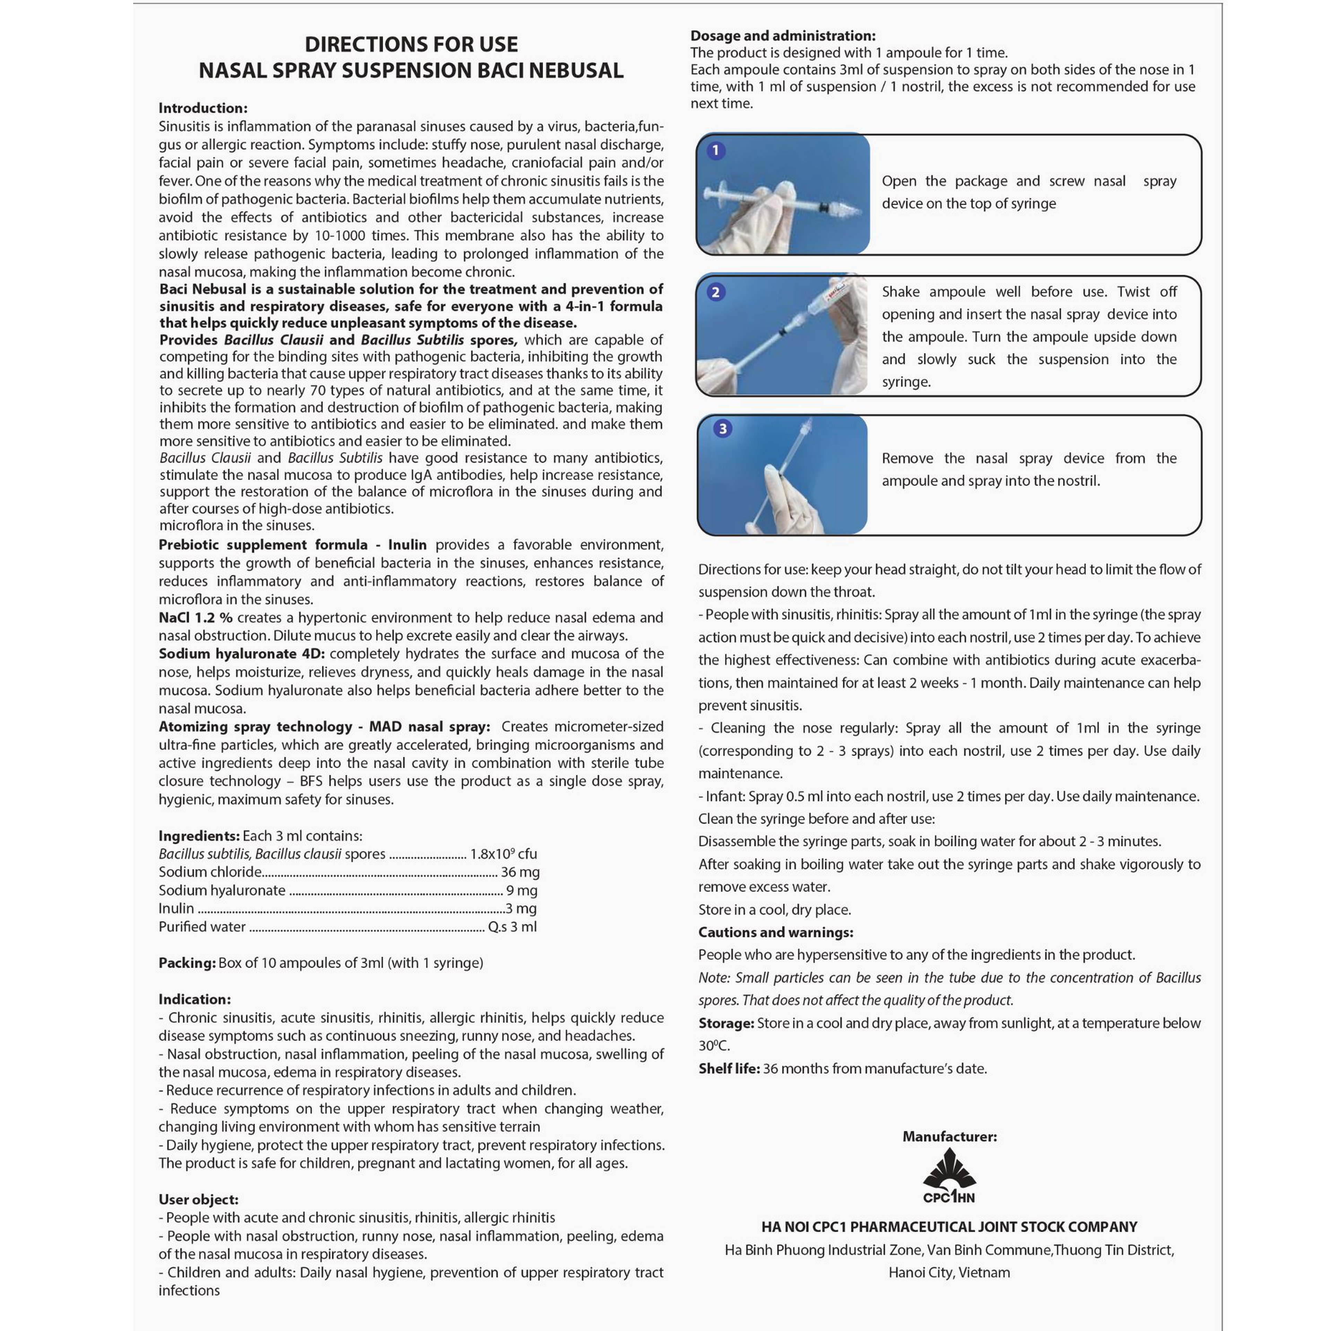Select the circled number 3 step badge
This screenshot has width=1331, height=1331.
(722, 428)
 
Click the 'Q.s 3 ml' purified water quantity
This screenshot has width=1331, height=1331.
(512, 927)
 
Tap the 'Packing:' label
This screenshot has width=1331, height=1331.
(188, 963)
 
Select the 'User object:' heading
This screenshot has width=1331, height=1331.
(198, 1199)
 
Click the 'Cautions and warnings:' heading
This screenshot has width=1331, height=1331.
(776, 932)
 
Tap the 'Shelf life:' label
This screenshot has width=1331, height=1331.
(729, 1069)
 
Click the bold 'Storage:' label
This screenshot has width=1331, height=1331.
(726, 1023)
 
